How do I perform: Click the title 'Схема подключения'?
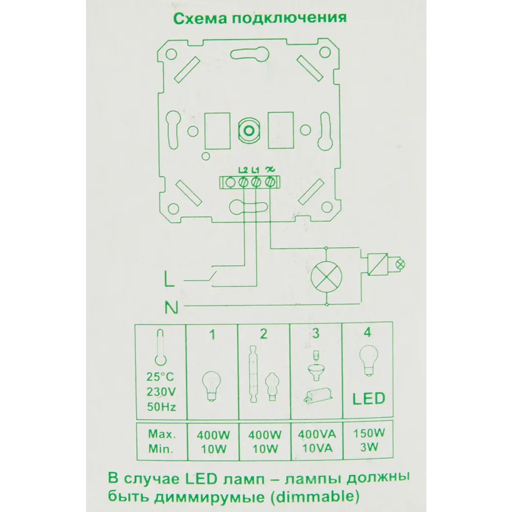(260, 18)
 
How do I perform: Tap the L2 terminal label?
(243, 170)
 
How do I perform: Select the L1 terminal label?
(256, 170)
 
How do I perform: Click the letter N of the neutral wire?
(171, 308)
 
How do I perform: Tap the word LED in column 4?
(368, 398)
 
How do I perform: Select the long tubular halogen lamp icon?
(253, 374)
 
